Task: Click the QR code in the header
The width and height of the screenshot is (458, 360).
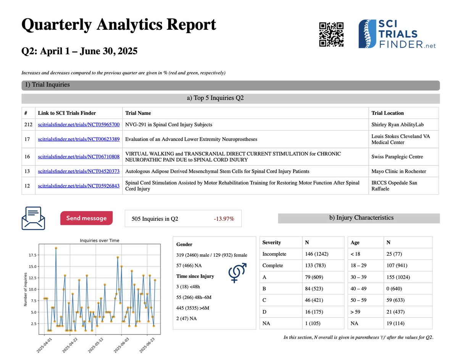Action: coord(331,35)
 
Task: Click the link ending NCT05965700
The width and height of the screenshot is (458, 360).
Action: coord(79,125)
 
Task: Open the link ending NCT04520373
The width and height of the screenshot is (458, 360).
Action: coord(79,171)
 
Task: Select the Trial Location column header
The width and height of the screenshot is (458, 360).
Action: coord(387,113)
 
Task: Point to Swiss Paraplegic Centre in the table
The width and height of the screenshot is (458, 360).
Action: coord(397,157)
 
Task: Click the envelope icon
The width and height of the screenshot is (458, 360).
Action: coord(33,219)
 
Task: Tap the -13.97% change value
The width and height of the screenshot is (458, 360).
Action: coord(224,219)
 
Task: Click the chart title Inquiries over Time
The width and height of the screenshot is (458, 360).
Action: coord(100,240)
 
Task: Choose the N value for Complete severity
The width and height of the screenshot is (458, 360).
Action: coord(313,266)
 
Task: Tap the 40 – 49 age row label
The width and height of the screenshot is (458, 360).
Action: coord(360,288)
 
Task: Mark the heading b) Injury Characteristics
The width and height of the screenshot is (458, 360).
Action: coord(358,218)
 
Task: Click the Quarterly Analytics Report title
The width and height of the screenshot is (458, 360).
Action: coord(119,25)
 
